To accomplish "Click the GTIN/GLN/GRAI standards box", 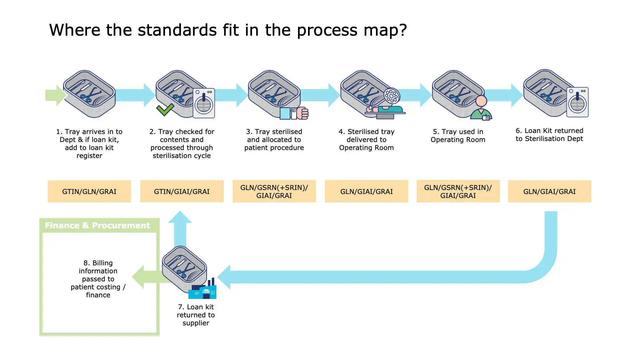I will [89, 191].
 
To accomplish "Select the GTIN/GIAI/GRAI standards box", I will [182, 191].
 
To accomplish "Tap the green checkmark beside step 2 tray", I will [165, 109].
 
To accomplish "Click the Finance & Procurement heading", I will [97, 226].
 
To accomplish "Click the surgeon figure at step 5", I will [481, 108].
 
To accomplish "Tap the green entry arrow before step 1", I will [55, 95].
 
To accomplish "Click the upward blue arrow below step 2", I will [180, 228].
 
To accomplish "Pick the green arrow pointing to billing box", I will [147, 277].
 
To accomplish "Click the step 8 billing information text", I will [98, 279].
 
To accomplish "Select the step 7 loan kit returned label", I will [196, 315].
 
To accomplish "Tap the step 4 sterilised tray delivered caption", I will [366, 140].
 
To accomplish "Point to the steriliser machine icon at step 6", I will [577, 102].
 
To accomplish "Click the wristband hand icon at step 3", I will [294, 113].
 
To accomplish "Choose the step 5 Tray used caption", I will [458, 136].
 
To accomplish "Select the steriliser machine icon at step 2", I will [204, 103].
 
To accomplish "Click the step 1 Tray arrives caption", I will [89, 144].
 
